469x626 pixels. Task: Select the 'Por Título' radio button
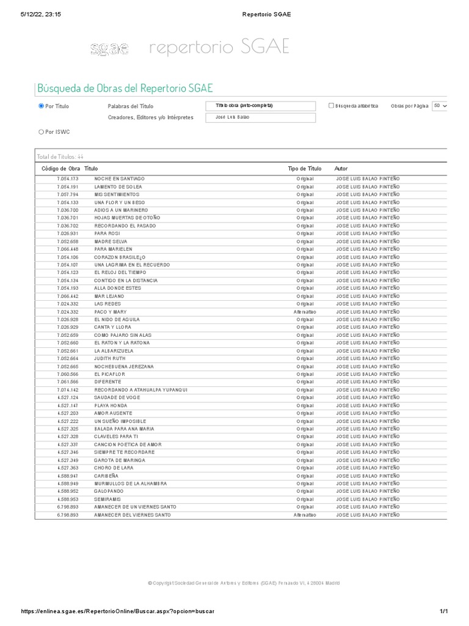(42, 106)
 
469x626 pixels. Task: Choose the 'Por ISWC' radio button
(42, 131)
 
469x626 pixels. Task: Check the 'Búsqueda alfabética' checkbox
(331, 106)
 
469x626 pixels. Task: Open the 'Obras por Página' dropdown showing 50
(440, 106)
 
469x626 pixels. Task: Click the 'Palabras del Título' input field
(261, 106)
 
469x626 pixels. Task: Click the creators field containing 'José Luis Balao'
(261, 117)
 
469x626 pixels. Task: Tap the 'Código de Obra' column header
(60, 168)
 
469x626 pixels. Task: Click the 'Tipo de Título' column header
(304, 168)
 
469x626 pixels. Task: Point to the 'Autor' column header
(341, 168)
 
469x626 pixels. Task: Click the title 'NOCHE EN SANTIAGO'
(119, 179)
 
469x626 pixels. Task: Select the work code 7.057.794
(68, 194)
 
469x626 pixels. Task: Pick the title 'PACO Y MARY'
(110, 312)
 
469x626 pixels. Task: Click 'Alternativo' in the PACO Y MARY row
(304, 312)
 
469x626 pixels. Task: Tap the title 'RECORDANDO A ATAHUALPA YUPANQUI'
(140, 390)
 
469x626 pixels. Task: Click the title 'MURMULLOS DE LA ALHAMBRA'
(130, 484)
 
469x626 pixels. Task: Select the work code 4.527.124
(68, 398)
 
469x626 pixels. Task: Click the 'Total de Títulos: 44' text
(60, 156)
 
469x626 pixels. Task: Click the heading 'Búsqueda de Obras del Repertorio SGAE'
(125, 88)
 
